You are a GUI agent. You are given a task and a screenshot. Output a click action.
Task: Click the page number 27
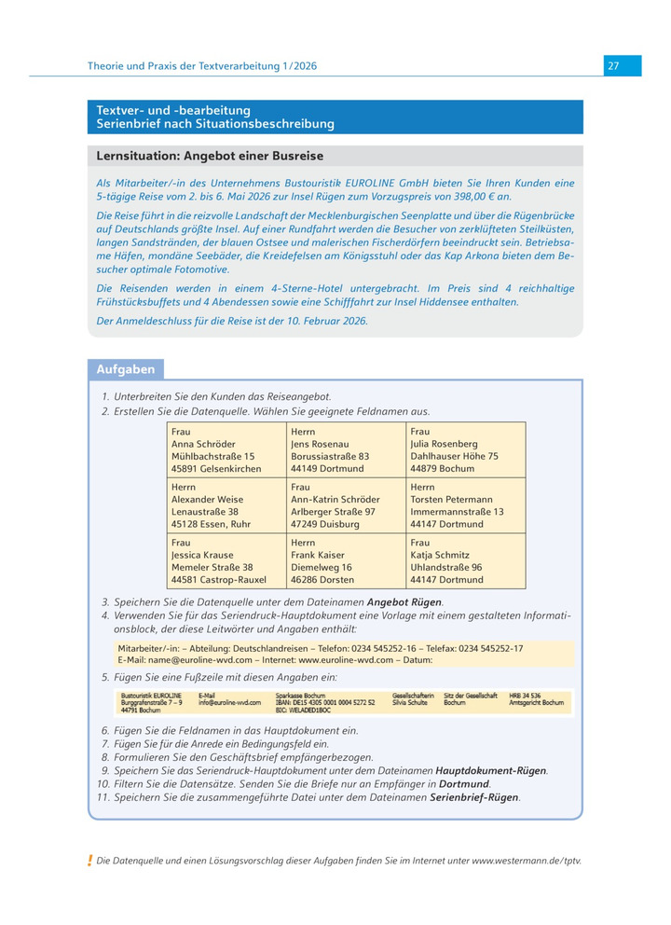(x=613, y=65)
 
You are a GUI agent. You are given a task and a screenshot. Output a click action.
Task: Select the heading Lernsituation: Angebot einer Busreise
(x=211, y=156)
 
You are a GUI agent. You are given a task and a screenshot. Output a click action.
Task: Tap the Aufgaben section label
(x=125, y=369)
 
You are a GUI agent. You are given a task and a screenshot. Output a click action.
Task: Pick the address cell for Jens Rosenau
(x=346, y=450)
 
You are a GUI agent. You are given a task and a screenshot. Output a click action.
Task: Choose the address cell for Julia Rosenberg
(x=465, y=450)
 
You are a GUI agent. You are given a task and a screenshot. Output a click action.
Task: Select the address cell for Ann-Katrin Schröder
(x=346, y=505)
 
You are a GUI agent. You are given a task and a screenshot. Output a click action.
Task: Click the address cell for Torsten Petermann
(x=465, y=505)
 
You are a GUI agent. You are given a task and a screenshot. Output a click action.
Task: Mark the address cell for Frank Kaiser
(x=346, y=560)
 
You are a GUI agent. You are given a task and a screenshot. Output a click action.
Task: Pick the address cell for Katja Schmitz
(x=465, y=560)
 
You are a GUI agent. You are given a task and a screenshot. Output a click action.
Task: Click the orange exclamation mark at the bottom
(x=89, y=860)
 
